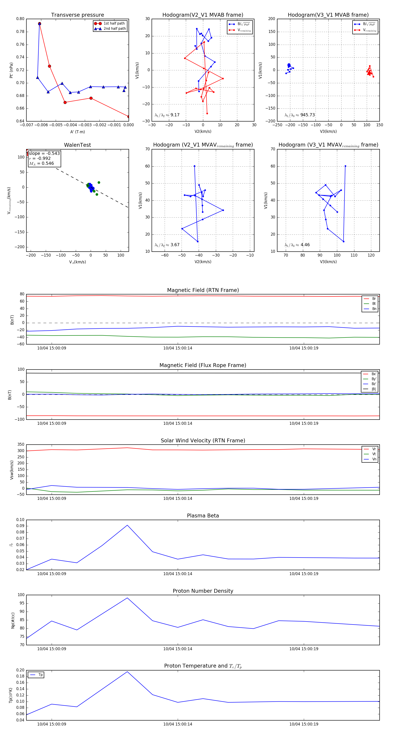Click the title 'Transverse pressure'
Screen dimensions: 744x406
click(x=77, y=15)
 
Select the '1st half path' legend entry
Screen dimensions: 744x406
click(x=114, y=23)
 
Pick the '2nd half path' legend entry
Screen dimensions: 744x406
click(x=114, y=29)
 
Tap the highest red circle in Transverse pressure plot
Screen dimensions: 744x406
click(x=40, y=24)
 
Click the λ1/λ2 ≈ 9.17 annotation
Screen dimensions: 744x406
click(x=167, y=115)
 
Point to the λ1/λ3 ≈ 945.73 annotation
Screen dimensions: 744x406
click(x=300, y=115)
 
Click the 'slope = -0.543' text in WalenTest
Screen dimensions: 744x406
click(x=44, y=153)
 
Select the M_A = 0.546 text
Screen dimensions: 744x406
click(x=41, y=163)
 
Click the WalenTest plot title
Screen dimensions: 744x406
click(x=77, y=145)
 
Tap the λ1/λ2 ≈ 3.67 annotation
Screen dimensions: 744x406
click(x=167, y=245)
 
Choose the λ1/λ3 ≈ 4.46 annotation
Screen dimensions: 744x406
click(x=297, y=245)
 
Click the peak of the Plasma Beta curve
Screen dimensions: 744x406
click(x=127, y=525)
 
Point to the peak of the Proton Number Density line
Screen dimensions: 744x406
click(x=127, y=598)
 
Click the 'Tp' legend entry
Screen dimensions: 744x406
click(x=40, y=675)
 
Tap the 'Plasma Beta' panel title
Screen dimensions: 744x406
click(x=203, y=516)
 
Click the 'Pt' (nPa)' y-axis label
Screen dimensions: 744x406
click(x=11, y=70)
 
